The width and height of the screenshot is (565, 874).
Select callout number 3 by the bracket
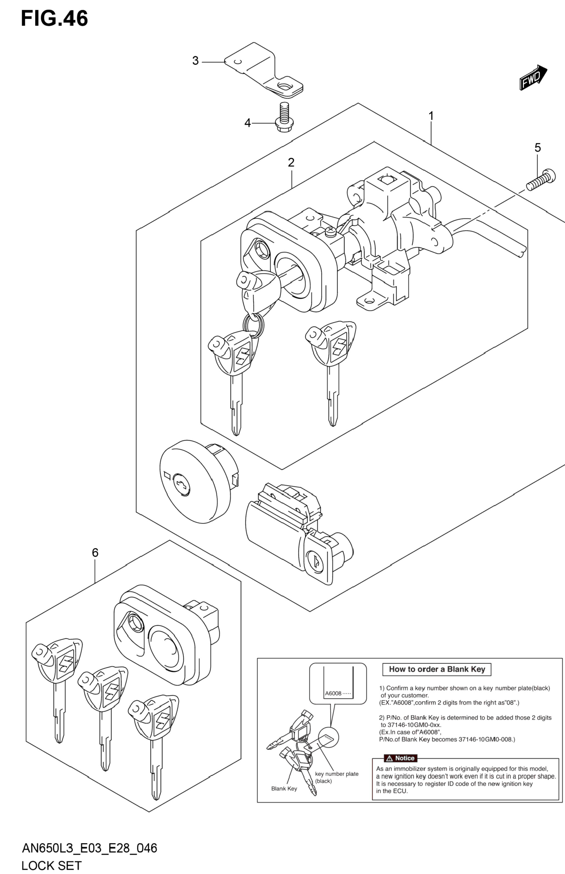pyautogui.click(x=196, y=61)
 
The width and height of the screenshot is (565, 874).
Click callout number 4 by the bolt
pyautogui.click(x=248, y=123)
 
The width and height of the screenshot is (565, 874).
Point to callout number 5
pyautogui.click(x=538, y=148)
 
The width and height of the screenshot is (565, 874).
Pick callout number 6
pyautogui.click(x=95, y=552)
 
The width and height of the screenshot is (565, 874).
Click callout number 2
pyautogui.click(x=291, y=162)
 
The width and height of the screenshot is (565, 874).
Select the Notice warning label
pyautogui.click(x=400, y=758)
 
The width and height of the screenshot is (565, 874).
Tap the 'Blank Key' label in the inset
pyautogui.click(x=284, y=789)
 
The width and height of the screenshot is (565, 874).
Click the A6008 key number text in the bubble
pyautogui.click(x=333, y=694)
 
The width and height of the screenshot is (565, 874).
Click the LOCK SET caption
pyautogui.click(x=51, y=866)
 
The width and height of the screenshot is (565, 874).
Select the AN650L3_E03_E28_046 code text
pyautogui.click(x=90, y=848)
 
